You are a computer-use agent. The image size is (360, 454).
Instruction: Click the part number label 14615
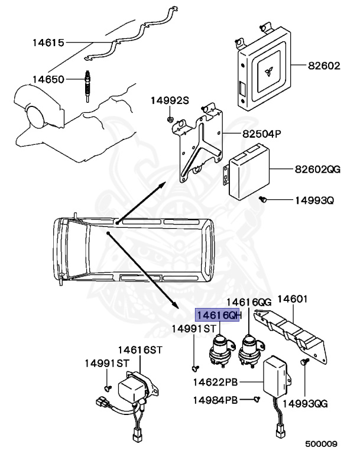pos(48,43)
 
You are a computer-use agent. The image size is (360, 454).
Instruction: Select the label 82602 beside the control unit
pos(324,66)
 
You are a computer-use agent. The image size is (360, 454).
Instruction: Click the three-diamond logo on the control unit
pos(268,72)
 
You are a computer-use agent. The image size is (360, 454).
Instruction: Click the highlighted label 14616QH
pos(219,315)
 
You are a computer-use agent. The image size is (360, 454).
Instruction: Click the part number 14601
pos(293,300)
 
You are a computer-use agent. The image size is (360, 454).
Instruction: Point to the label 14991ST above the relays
pos(192,328)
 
